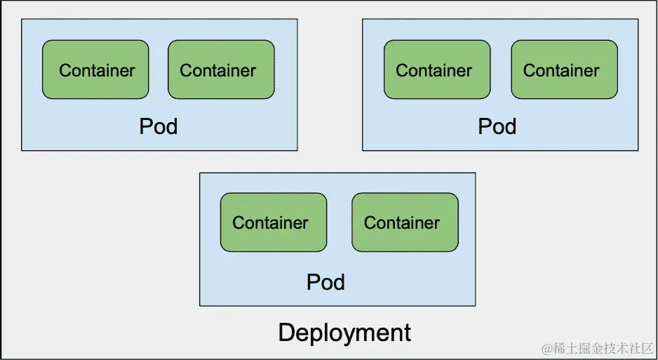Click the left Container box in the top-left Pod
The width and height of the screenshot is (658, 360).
pos(95,69)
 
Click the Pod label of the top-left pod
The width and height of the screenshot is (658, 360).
pos(159,126)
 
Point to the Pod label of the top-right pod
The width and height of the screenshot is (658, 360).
pos(497,126)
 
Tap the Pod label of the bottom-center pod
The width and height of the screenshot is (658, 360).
pos(325,282)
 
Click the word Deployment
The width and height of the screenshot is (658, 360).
pos(344,332)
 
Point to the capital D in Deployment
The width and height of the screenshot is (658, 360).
pos(286,331)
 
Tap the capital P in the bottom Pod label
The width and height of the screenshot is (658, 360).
pos(313,282)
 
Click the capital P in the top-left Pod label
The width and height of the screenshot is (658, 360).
pos(145,126)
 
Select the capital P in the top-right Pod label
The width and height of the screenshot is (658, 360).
pos(484,126)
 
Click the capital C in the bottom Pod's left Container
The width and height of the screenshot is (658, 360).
pos(239,222)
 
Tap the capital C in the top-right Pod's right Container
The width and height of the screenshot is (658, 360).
pos(530,70)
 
